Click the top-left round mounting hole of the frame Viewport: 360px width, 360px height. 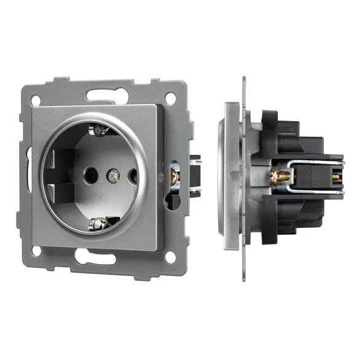pyautogui.click(x=36, y=99)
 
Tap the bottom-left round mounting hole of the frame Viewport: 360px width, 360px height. pyautogui.click(x=36, y=251)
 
